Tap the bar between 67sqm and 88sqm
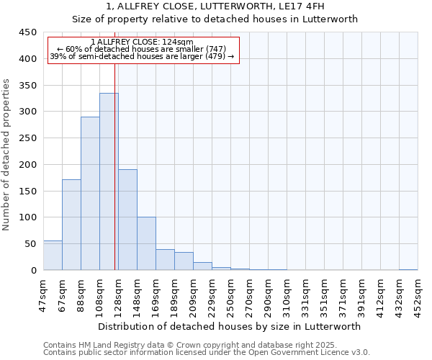tap(71, 225)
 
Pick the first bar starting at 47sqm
tap(53, 256)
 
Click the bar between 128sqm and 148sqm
tap(127, 220)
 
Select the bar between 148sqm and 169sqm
tap(146, 243)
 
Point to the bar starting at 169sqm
tap(165, 260)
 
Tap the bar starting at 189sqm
tap(184, 261)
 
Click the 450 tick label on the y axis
tap(28, 32)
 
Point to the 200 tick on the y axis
tap(28, 165)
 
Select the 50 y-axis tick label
tap(30, 244)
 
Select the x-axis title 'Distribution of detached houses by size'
tap(230, 326)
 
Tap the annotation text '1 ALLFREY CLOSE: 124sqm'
tap(142, 42)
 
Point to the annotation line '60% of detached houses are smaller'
tap(142, 49)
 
